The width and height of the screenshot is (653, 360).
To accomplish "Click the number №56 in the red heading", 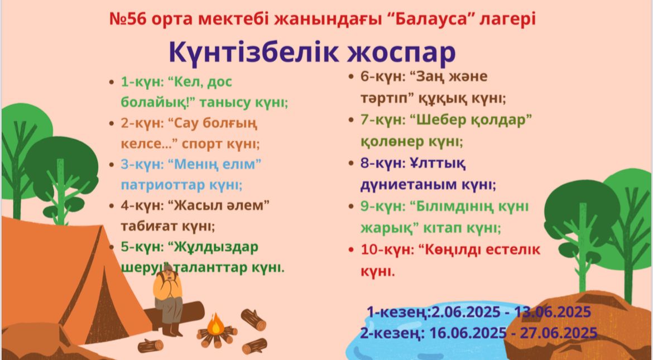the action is click(x=128, y=19).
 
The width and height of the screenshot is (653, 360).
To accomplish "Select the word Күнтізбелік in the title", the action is click(x=253, y=52).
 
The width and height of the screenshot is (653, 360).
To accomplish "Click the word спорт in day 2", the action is click(x=201, y=144).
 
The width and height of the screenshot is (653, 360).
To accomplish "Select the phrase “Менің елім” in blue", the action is click(x=214, y=164).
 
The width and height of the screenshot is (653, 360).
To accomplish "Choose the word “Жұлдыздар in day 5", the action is click(x=213, y=247).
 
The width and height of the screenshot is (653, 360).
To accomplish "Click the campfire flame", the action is click(x=216, y=324).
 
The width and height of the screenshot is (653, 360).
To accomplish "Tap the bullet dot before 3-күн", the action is click(x=111, y=165).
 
